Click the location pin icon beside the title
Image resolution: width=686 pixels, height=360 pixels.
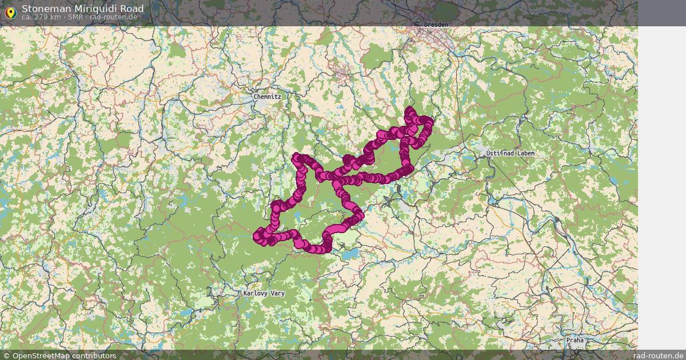(x=10, y=11)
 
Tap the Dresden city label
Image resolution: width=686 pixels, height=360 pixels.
(x=437, y=25)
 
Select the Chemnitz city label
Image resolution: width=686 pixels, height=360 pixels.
(x=268, y=97)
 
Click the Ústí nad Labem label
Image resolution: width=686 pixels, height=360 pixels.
(x=510, y=154)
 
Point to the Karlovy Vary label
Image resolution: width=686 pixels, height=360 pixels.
(x=264, y=293)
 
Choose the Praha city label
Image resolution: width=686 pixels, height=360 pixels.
(x=575, y=340)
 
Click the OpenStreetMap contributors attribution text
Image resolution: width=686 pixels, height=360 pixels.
(x=64, y=355)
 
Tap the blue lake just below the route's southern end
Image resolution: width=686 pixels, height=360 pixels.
(x=350, y=253)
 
